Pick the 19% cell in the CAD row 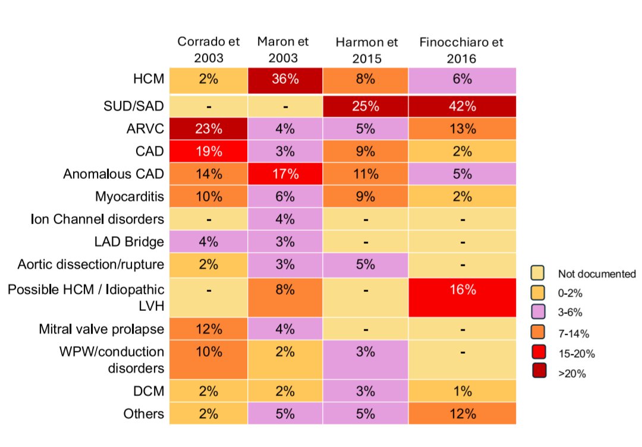click(x=209, y=152)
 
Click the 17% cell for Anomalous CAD click(x=285, y=175)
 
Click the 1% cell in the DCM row click(x=462, y=391)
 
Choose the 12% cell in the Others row click(x=462, y=414)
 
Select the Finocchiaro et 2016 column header click(x=461, y=50)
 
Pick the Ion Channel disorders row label click(x=97, y=219)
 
